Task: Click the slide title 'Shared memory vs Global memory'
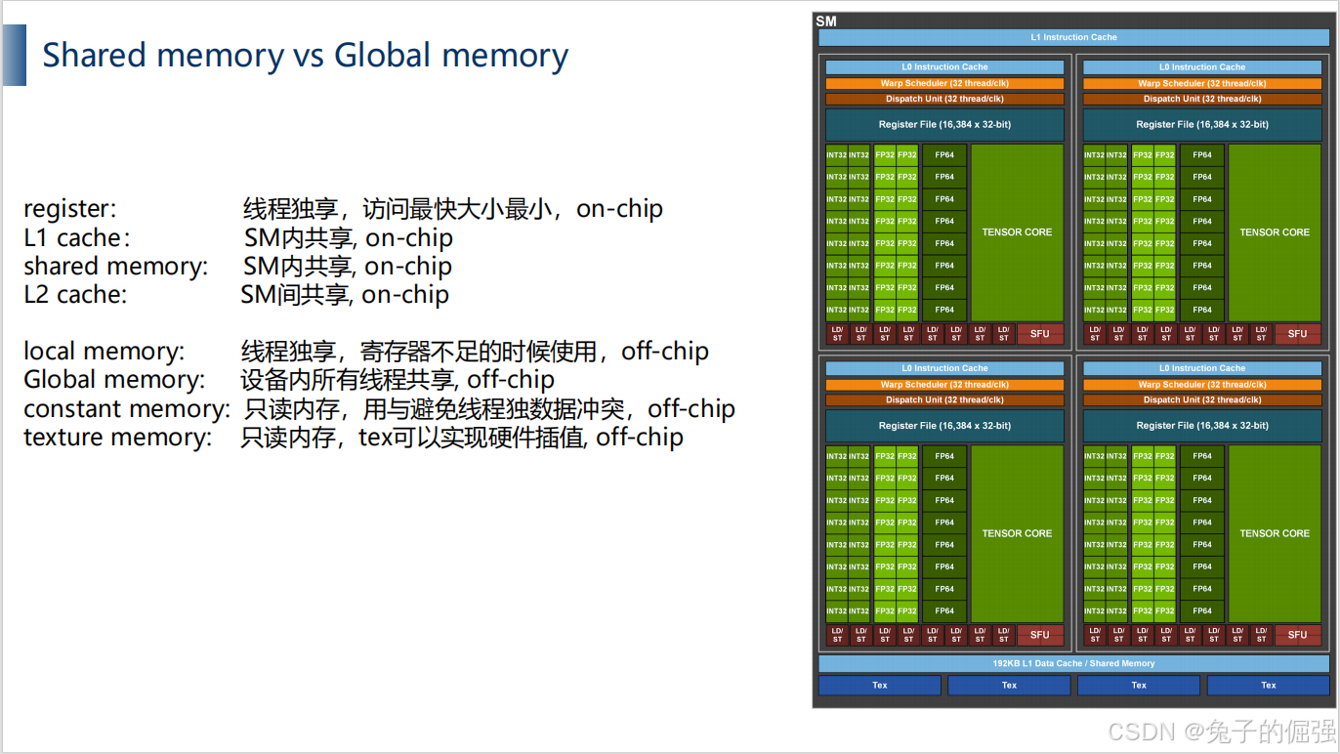305,56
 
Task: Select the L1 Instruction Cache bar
1073,37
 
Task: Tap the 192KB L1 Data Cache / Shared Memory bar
1073,663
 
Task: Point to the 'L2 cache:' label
75,295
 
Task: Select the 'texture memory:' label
117,438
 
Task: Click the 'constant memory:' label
127,408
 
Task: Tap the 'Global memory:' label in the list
114,380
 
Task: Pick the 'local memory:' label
104,352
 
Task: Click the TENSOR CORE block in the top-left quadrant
1017,232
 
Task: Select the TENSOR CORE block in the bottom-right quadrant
1275,533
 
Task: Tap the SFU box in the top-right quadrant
1297,333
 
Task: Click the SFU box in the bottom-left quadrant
1039,635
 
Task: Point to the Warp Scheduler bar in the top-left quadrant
944,83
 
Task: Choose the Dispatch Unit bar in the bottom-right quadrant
1202,399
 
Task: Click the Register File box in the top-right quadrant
1202,124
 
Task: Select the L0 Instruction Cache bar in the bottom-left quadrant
944,368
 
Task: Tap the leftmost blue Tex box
880,686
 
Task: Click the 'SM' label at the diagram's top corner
826,21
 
